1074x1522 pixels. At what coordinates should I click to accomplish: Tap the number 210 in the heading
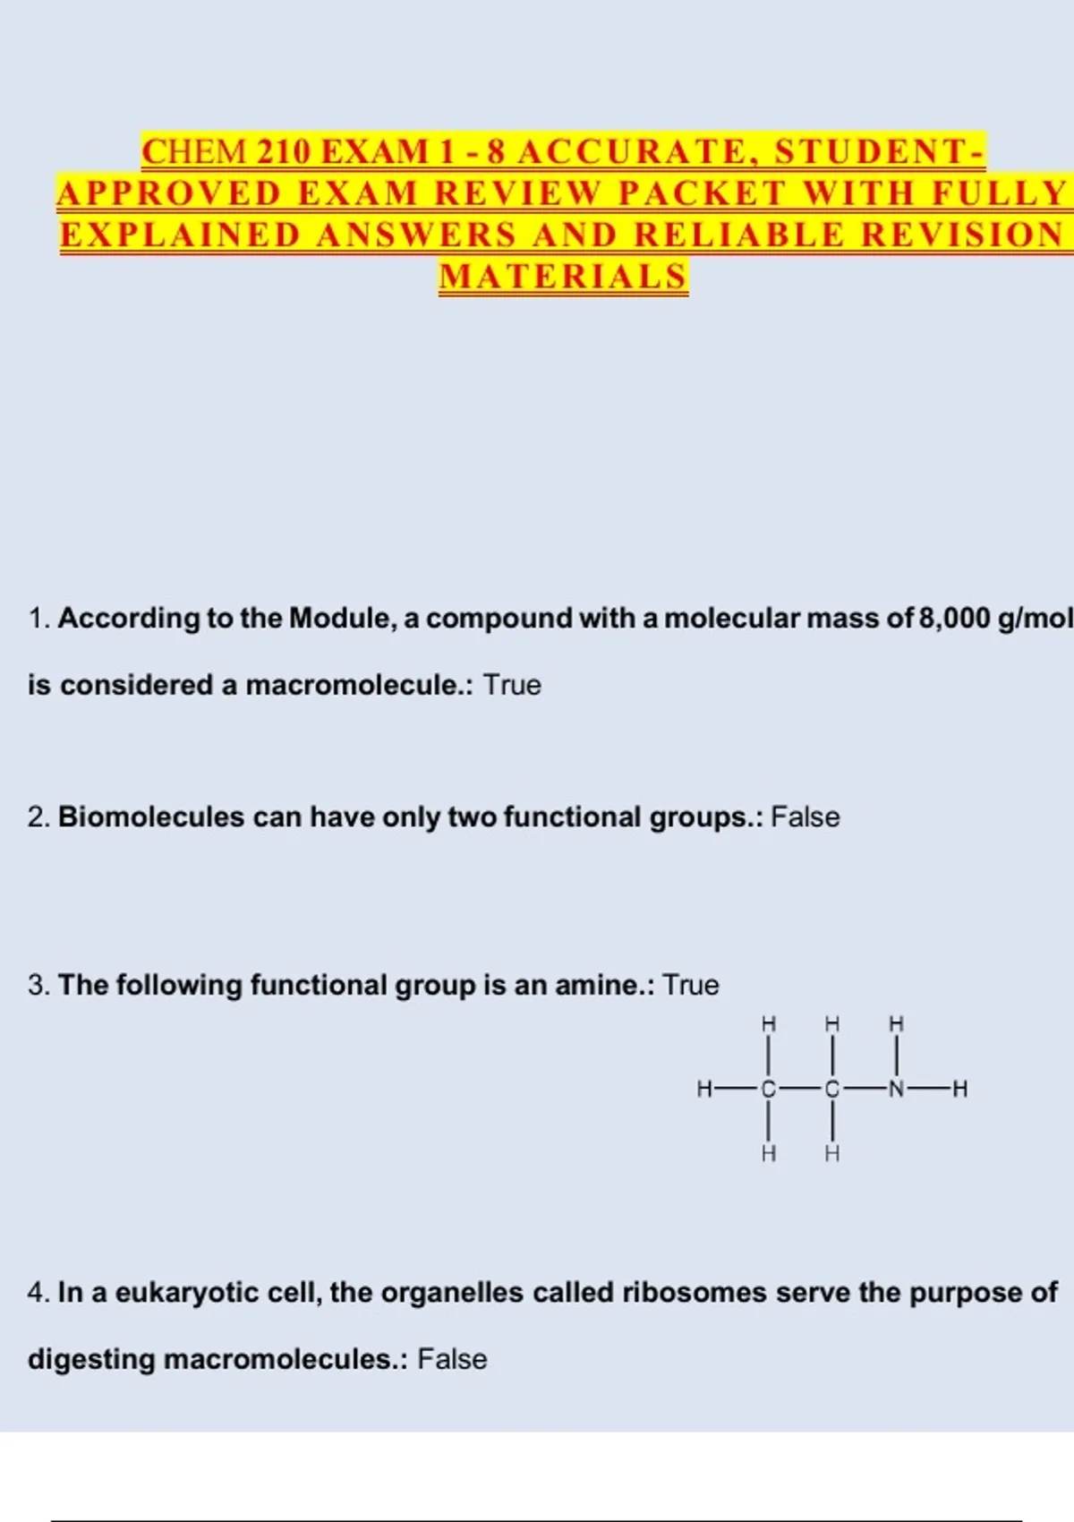click(x=285, y=151)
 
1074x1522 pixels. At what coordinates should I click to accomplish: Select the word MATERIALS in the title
click(x=563, y=276)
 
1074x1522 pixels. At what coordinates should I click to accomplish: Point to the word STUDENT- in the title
click(x=879, y=151)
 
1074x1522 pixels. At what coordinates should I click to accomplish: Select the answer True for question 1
click(x=512, y=685)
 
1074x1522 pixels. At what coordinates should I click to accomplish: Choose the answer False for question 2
click(x=805, y=817)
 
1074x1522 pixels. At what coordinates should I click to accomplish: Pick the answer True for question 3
click(x=691, y=985)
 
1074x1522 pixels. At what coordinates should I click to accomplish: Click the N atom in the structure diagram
click(x=897, y=1089)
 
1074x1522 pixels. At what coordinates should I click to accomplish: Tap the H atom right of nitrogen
click(x=960, y=1089)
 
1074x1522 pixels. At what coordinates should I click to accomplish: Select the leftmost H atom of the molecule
click(x=704, y=1089)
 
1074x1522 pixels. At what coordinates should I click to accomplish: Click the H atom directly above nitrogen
click(x=897, y=1023)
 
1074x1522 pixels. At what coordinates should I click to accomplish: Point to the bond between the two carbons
click(x=800, y=1089)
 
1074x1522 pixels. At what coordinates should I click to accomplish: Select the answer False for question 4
click(x=452, y=1359)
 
